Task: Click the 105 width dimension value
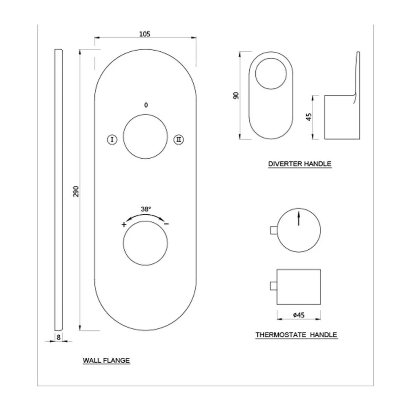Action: click(145, 34)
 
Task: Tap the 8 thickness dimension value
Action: click(59, 337)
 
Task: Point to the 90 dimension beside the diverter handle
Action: click(236, 95)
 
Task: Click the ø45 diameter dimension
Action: click(298, 315)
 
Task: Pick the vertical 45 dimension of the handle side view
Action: click(309, 117)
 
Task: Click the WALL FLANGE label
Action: click(106, 360)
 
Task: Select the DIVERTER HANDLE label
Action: click(299, 164)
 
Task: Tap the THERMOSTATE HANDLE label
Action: click(296, 335)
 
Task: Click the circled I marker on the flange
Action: click(112, 140)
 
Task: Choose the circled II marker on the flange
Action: click(178, 140)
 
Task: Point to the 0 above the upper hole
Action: click(145, 105)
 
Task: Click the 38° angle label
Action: click(146, 209)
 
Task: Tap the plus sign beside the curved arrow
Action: click(124, 225)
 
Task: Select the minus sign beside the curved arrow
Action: click(166, 224)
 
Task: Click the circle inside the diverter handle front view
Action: click(271, 74)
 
